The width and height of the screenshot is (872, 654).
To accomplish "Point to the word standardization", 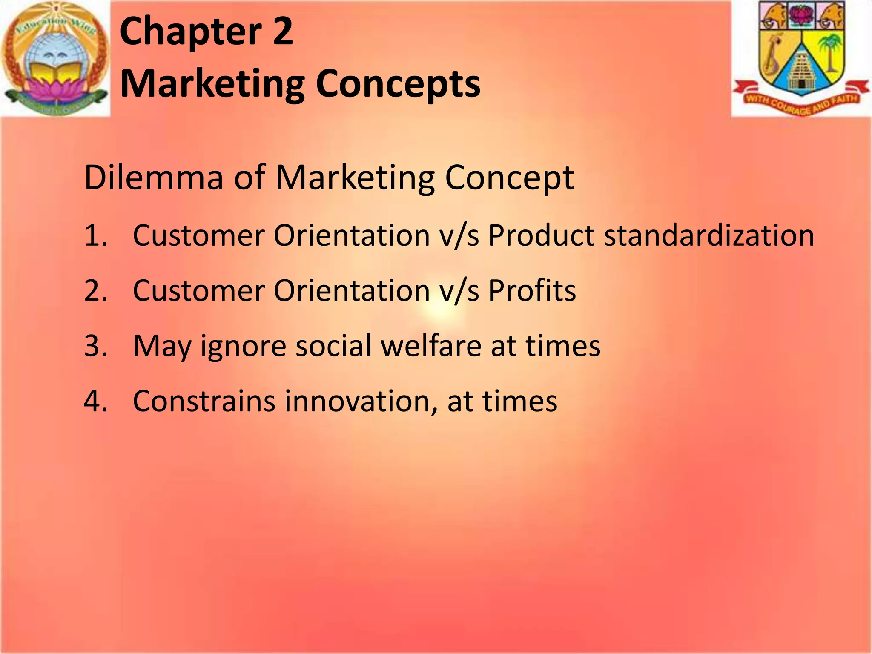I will (x=709, y=235).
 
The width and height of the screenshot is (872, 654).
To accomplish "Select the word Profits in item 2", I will (x=532, y=290).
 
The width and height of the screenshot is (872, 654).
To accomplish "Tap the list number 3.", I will (x=94, y=346).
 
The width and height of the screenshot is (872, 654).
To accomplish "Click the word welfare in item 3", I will (x=431, y=346).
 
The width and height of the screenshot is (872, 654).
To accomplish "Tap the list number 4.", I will (x=94, y=401).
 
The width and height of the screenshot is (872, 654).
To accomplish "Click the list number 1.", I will (x=94, y=235).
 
